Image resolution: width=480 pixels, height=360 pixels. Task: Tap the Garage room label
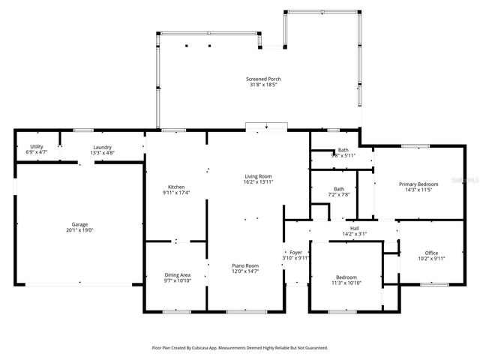[79, 224]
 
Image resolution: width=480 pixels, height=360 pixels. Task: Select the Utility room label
[36, 146]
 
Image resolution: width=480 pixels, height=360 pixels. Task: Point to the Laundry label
[103, 146]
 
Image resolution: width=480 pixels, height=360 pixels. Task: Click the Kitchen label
[176, 187]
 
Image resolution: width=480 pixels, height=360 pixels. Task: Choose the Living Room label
[258, 176]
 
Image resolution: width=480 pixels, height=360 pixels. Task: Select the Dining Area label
[177, 274]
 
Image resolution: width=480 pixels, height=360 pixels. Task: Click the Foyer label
[296, 252]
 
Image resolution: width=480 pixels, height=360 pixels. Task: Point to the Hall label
[355, 228]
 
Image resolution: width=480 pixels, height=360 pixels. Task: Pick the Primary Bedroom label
[418, 184]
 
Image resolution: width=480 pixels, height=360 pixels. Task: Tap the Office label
[431, 253]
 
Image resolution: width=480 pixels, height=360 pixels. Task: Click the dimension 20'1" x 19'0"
[79, 229]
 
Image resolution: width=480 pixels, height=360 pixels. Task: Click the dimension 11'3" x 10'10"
[346, 282]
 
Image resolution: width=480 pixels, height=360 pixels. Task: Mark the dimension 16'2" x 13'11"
[258, 181]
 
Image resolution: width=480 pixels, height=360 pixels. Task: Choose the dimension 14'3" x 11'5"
[418, 189]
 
